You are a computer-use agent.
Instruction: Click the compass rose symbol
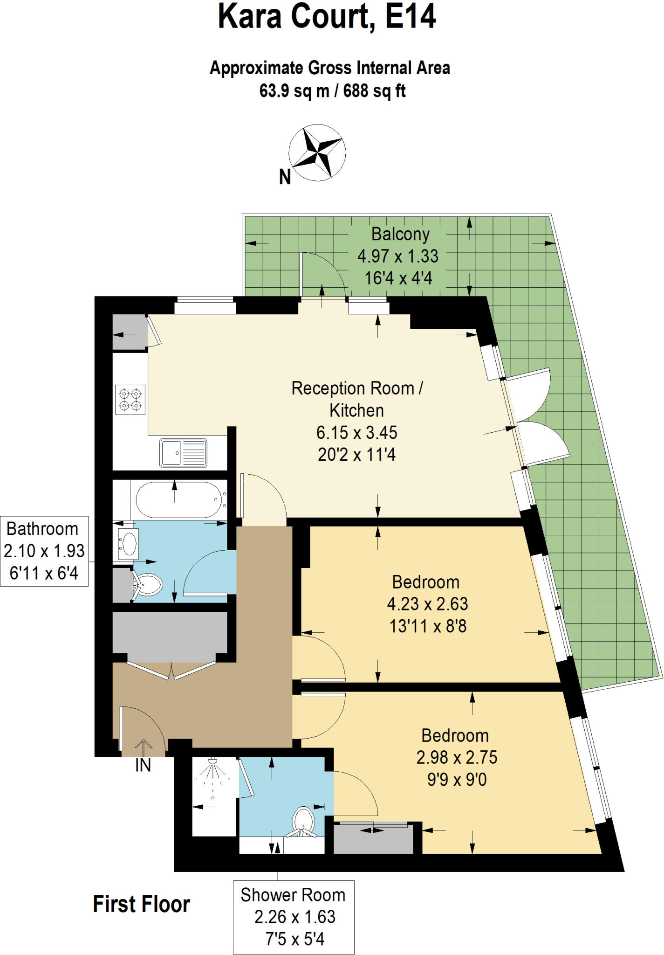click(317, 152)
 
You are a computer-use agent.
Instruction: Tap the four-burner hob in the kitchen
click(130, 400)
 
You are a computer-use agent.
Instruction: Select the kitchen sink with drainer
click(183, 452)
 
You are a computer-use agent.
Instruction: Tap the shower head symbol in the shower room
click(212, 761)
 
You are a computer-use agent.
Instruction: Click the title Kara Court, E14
click(327, 17)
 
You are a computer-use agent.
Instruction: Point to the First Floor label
click(141, 904)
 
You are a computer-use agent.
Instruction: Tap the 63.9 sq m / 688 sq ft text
click(332, 90)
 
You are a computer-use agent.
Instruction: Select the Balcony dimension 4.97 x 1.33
click(397, 256)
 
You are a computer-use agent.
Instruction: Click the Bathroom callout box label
click(44, 551)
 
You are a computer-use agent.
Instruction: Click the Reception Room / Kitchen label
click(357, 399)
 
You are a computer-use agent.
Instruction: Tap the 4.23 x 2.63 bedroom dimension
click(427, 604)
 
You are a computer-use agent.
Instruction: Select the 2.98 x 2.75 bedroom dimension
click(457, 757)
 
